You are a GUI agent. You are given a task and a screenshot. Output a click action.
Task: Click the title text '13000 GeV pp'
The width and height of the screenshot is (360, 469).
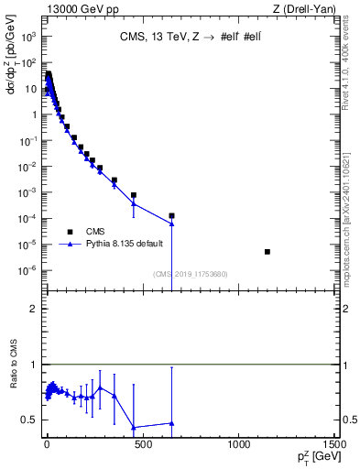(73, 9)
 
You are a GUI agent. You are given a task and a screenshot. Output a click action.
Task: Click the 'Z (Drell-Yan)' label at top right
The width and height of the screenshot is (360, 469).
(307, 9)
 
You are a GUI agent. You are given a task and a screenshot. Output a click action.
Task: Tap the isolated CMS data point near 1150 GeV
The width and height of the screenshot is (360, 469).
(267, 251)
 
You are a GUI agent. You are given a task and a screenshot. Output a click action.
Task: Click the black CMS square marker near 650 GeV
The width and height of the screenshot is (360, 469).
(171, 215)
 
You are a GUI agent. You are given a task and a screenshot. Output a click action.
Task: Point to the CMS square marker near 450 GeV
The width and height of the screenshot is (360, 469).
(134, 195)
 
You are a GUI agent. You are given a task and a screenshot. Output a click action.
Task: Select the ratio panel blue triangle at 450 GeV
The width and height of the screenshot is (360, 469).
(134, 427)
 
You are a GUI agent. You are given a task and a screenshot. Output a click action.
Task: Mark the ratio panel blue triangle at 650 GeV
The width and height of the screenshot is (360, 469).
(171, 423)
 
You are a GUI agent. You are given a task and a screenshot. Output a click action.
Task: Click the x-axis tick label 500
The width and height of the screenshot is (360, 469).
(142, 444)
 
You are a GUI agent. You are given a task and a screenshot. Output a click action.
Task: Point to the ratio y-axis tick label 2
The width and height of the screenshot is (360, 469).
(34, 309)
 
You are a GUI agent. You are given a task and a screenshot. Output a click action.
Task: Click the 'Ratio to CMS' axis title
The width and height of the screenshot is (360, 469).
(12, 389)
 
